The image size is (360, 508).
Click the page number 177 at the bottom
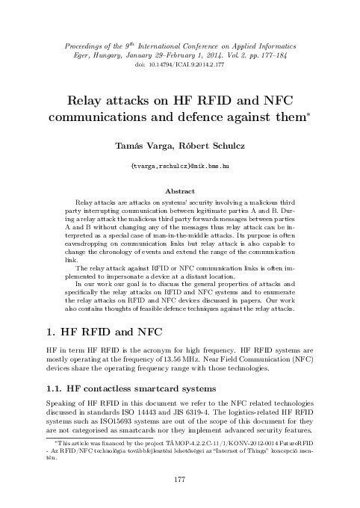[x=179, y=477]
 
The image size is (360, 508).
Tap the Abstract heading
[x=179, y=190]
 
